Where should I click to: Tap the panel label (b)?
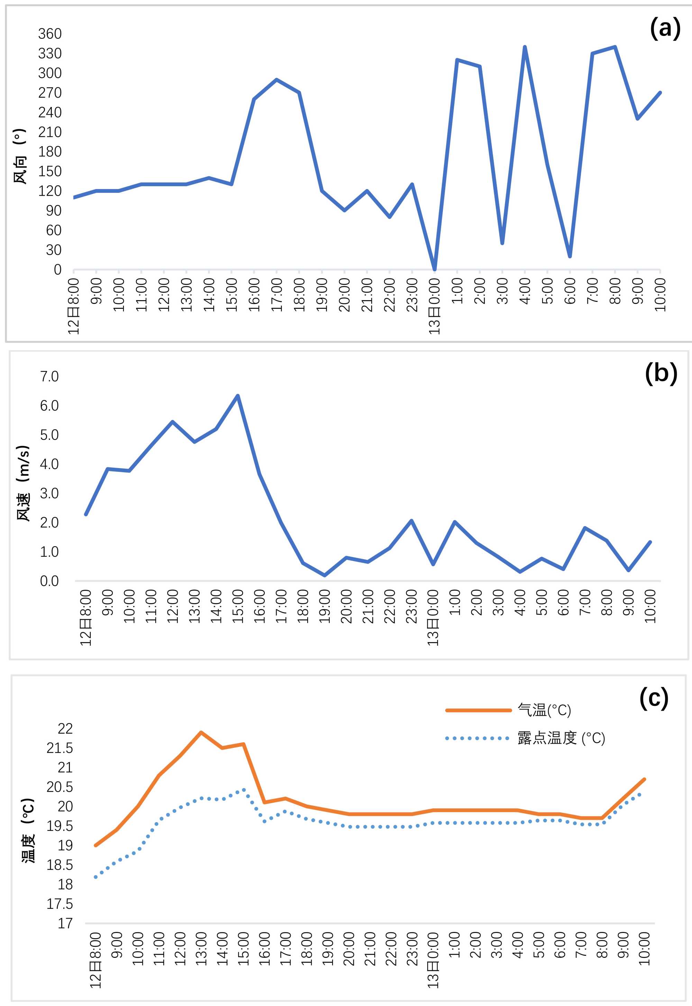pos(661,373)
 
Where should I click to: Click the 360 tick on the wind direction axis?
pos(50,34)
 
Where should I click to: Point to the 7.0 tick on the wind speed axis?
pos(49,376)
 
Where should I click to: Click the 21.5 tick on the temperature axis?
pos(60,748)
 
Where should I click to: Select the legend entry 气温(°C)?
pos(544,710)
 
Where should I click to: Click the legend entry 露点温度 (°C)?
pos(561,738)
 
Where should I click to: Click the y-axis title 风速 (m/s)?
pos(23,483)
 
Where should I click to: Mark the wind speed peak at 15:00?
pos(238,396)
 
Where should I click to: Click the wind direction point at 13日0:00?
pos(435,269)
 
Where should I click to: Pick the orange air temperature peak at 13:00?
pos(201,732)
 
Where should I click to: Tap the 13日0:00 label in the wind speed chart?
pos(433,617)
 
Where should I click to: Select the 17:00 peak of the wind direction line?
pos(276,80)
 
